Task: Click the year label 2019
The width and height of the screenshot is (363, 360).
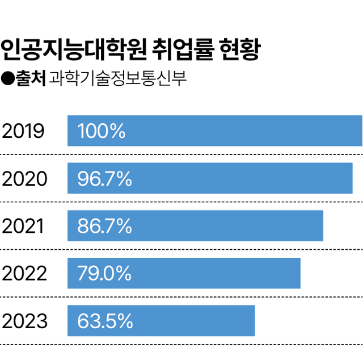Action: coord(23,131)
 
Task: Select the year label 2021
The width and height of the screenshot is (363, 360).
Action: coord(23,227)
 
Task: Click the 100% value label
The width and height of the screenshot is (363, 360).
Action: coord(101,131)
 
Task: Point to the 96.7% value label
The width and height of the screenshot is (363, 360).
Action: coord(104,179)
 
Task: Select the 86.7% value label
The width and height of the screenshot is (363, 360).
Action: coord(104,227)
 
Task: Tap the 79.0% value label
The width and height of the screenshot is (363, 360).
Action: coord(104,274)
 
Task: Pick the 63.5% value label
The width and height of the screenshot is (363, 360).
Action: coord(104,322)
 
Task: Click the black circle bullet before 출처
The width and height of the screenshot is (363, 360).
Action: coord(8,77)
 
